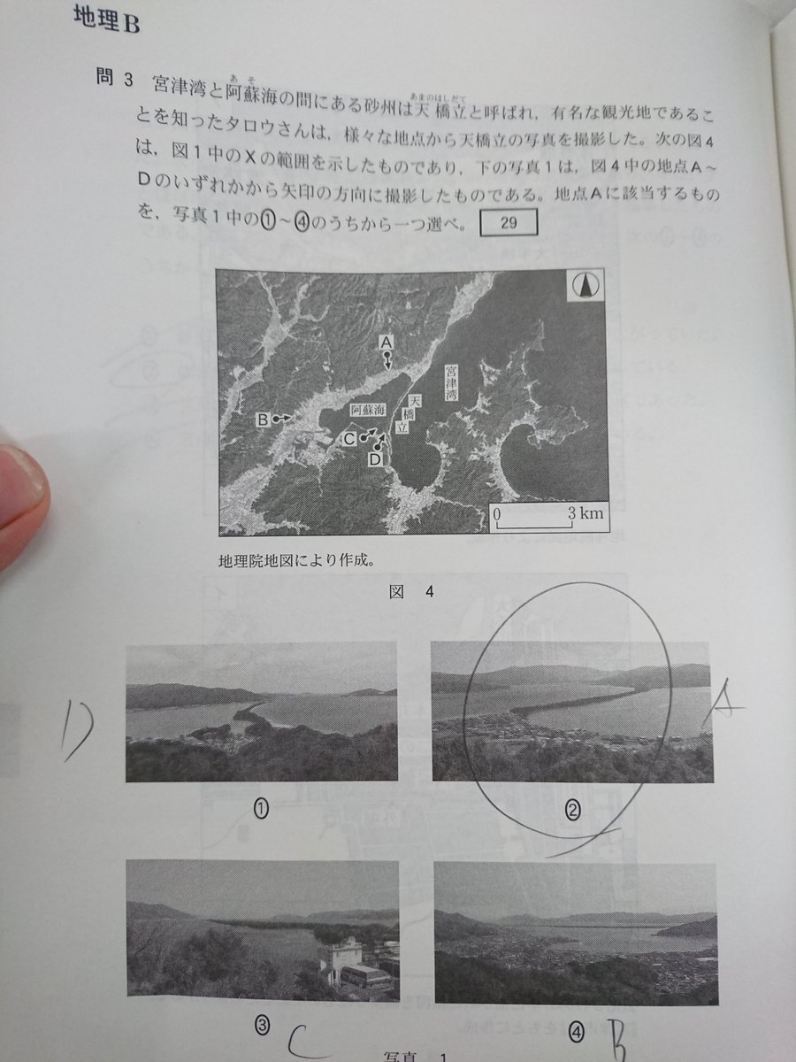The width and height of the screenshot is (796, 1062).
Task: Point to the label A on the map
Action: tap(386, 341)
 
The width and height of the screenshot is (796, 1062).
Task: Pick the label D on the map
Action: tap(374, 459)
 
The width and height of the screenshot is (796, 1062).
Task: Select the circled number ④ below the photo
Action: tap(577, 1029)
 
